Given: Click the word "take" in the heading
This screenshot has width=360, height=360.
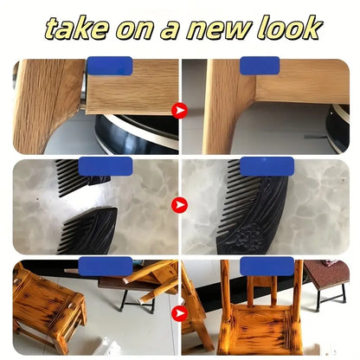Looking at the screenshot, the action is tap(77, 29).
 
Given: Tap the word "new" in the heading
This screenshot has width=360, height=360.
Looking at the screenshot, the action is tap(219, 29).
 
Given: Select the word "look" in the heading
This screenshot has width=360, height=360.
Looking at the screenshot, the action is tap(289, 28).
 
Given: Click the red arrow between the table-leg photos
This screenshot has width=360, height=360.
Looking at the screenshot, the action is tap(179, 111).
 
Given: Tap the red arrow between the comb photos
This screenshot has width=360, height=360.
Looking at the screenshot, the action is tap(179, 205).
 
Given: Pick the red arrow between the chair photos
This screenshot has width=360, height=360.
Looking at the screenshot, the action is tap(179, 313).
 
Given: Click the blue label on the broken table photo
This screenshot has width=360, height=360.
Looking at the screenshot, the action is tap(110, 66).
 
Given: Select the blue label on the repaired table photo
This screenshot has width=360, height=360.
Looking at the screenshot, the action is tap(260, 66).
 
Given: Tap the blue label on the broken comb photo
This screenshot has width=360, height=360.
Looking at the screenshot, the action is tap(106, 166).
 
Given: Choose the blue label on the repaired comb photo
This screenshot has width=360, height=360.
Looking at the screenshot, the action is tap(267, 166).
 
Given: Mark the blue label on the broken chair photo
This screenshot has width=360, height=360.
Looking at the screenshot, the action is tap(106, 267).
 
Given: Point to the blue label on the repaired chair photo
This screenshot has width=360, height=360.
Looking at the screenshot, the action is tap(267, 267).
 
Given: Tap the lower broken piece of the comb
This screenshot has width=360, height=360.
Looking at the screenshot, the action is tap(89, 232).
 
